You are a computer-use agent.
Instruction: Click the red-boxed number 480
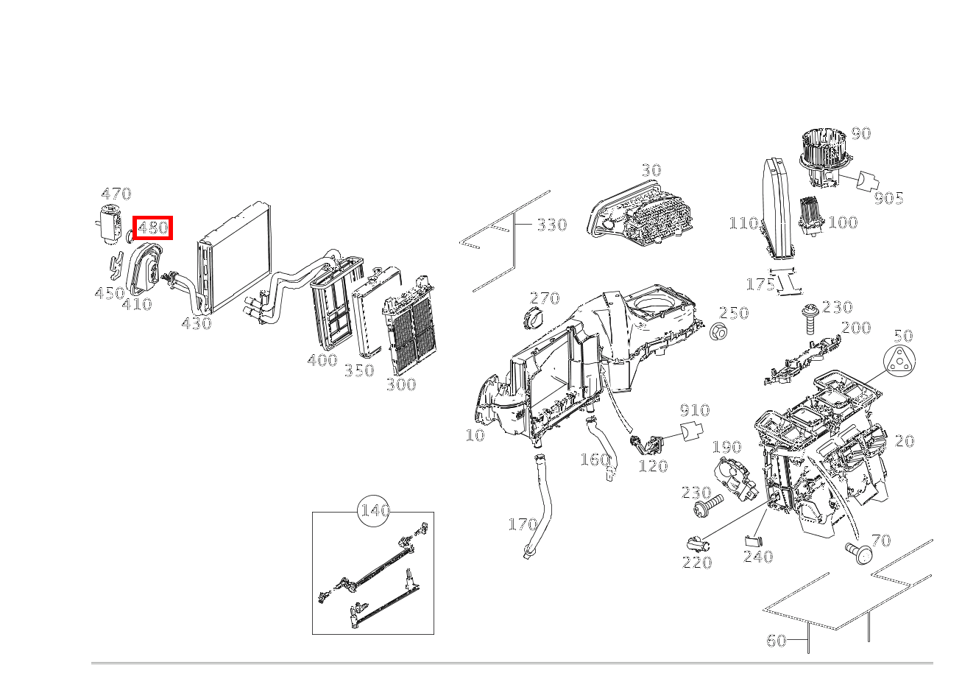pyautogui.click(x=152, y=228)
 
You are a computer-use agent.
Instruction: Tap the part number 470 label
pyautogui.click(x=116, y=194)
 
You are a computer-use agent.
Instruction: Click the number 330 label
pyautogui.click(x=551, y=225)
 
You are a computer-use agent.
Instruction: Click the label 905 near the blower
pyautogui.click(x=888, y=198)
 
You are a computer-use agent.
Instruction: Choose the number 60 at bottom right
pyautogui.click(x=777, y=641)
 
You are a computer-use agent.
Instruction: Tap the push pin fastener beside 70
pyautogui.click(x=857, y=552)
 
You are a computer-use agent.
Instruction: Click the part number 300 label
pyautogui.click(x=401, y=384)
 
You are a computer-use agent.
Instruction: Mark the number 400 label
pyautogui.click(x=322, y=360)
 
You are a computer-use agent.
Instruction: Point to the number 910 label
pyautogui.click(x=694, y=411)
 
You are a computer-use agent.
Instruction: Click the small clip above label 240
pyautogui.click(x=753, y=541)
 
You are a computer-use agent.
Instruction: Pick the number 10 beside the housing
pyautogui.click(x=475, y=435)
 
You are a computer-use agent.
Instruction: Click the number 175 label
pyautogui.click(x=760, y=284)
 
